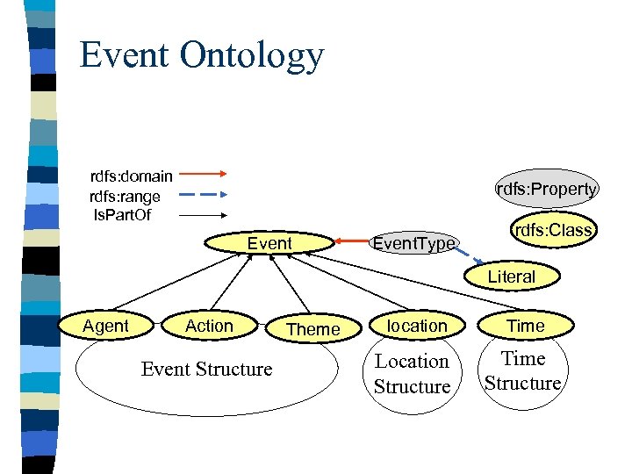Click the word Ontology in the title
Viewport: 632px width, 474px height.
pos(252,54)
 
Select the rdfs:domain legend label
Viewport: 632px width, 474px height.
pos(132,176)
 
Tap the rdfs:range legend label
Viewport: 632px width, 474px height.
pos(126,197)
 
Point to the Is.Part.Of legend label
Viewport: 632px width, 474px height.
pos(122,215)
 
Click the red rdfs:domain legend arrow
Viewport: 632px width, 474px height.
pos(204,176)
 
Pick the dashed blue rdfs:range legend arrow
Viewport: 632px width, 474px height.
pos(204,195)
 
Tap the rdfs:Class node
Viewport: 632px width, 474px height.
pos(554,230)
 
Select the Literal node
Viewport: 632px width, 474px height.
pos(511,276)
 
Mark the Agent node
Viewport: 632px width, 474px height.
pos(105,326)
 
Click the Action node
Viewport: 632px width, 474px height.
pos(209,326)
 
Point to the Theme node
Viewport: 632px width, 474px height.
pos(313,329)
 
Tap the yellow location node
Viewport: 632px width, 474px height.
pos(417,326)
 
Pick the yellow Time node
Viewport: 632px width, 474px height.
pos(526,326)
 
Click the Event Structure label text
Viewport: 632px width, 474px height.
pos(206,370)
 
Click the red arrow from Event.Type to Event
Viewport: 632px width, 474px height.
pos(351,241)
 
